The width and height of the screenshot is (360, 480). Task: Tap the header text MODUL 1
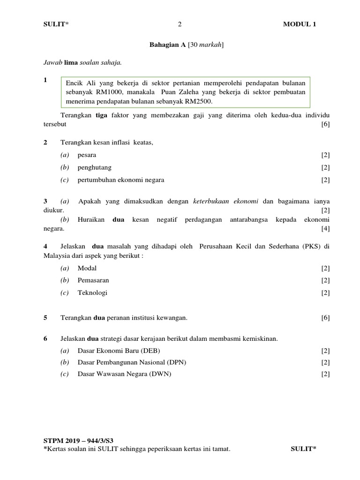(299, 25)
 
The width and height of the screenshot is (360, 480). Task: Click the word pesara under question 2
(87, 155)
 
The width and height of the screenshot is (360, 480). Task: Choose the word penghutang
(94, 167)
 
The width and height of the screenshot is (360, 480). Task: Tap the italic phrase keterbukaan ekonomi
(225, 201)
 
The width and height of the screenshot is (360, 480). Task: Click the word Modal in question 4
(87, 268)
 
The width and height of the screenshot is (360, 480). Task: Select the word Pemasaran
(93, 280)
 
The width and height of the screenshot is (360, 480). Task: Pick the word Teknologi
(92, 292)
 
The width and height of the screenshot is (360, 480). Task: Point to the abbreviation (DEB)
(155, 350)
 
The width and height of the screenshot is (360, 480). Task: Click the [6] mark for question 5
(325, 318)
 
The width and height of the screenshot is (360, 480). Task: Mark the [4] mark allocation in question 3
(325, 229)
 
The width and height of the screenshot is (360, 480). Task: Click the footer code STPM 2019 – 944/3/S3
(78, 441)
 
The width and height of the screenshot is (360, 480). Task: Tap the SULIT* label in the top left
(55, 25)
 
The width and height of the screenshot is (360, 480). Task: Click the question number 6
(45, 338)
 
